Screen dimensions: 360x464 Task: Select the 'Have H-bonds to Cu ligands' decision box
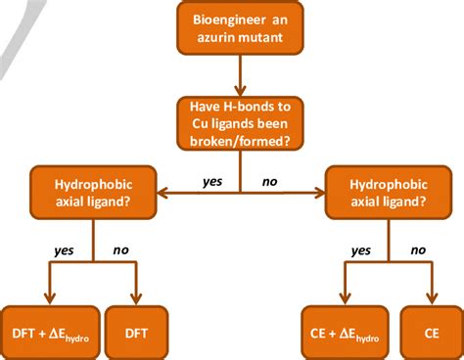click(240, 120)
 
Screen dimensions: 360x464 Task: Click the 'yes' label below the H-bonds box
click(212, 180)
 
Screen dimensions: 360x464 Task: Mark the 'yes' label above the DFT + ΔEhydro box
click(66, 250)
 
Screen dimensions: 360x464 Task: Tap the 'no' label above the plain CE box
click(417, 250)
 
